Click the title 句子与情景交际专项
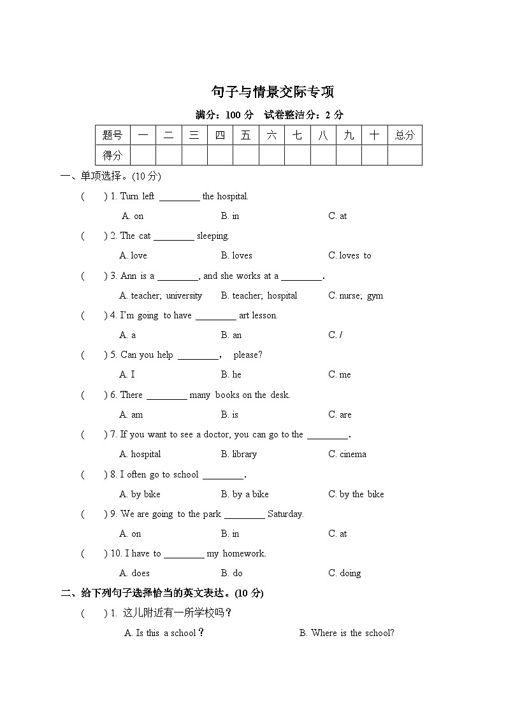click(x=273, y=92)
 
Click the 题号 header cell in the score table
click(x=112, y=135)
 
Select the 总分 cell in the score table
click(x=404, y=135)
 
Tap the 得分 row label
click(x=112, y=155)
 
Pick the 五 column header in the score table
click(x=245, y=135)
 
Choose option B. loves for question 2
click(x=236, y=256)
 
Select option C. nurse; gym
click(x=356, y=295)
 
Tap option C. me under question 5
click(x=340, y=375)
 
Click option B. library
click(x=239, y=455)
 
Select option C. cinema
click(x=347, y=455)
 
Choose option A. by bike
click(x=140, y=495)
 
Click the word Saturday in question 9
click(x=286, y=514)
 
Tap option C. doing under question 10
click(x=344, y=574)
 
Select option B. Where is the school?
click(x=347, y=634)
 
